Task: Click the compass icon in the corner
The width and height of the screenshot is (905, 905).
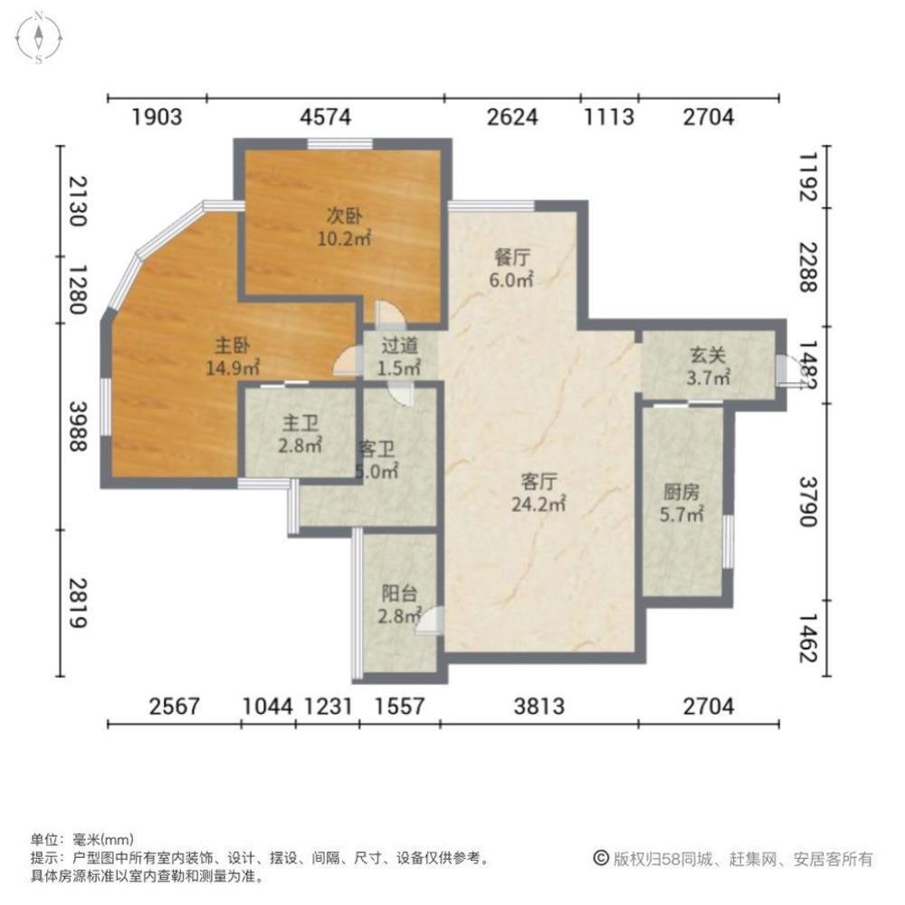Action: tap(40, 38)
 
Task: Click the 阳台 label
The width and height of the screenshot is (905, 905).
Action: tap(399, 594)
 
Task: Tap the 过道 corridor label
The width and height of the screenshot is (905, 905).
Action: tap(399, 344)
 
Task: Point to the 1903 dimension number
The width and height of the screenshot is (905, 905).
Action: tap(157, 117)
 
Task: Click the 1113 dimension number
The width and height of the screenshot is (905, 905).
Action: tap(608, 117)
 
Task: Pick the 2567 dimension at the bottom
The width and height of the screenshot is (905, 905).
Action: tap(174, 706)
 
